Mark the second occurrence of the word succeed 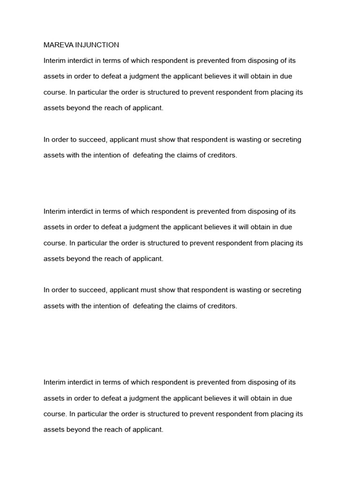coord(93,290)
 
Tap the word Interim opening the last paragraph coord(54,382)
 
